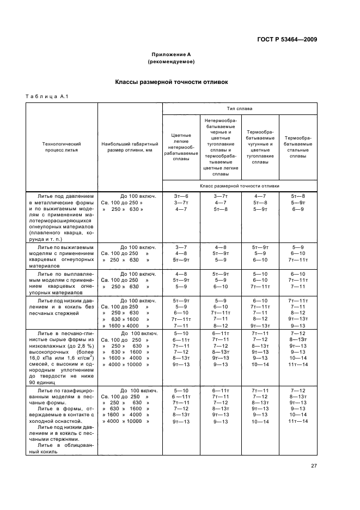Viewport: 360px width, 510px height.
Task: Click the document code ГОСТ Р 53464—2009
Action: (288, 39)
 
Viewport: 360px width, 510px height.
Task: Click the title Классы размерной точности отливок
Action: (172, 82)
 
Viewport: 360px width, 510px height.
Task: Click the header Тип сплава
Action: (239, 108)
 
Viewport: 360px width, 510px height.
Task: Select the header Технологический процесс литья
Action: (62, 147)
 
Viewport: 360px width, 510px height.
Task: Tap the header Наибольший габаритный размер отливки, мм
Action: (130, 147)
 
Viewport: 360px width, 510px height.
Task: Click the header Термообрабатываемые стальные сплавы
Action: (298, 147)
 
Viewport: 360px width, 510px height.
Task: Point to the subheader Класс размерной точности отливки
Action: (240, 186)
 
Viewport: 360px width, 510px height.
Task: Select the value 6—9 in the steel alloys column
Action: (298, 209)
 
